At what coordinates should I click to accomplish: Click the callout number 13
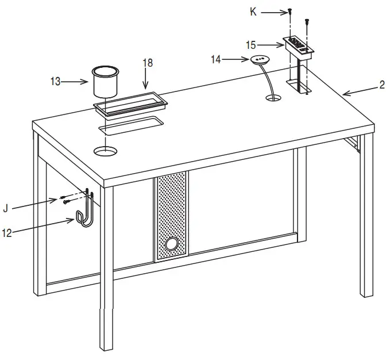[55, 82]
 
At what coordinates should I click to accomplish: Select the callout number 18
[148, 63]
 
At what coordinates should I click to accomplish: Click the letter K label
[253, 11]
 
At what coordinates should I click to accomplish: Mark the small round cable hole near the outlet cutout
[274, 99]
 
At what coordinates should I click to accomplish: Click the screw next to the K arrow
[291, 11]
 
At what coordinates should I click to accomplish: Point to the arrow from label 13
[75, 82]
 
